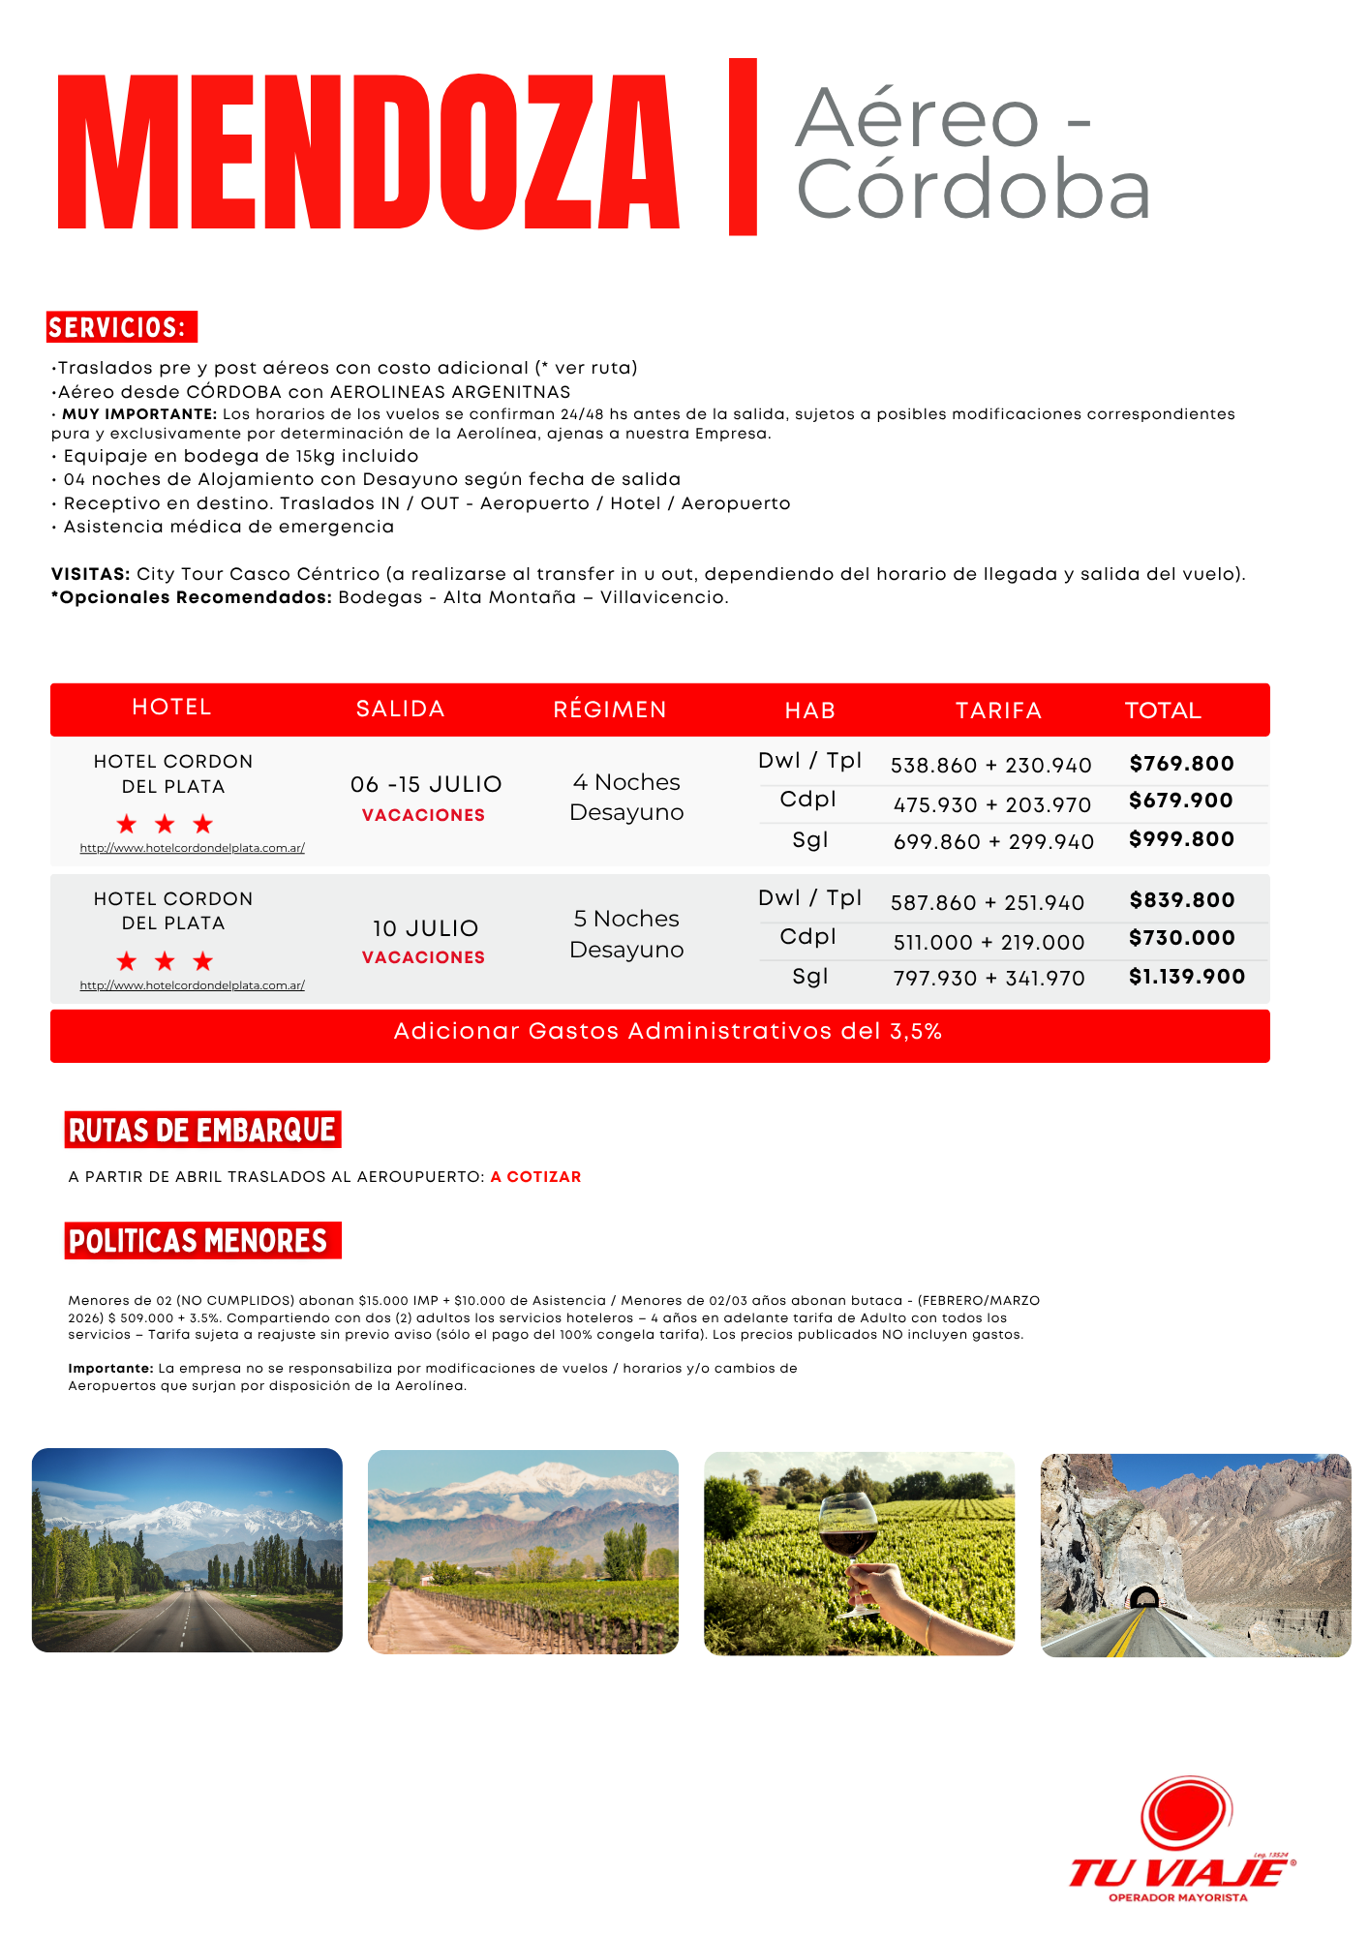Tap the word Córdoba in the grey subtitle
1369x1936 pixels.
pos(972,191)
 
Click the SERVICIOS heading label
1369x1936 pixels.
pos(121,327)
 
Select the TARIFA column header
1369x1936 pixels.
pos(998,711)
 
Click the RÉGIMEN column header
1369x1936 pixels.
pos(610,710)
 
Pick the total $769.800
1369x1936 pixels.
pos(1181,764)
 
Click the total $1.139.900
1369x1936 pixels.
pos(1187,977)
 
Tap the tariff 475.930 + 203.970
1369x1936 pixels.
pos(991,804)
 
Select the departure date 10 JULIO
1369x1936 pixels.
pos(425,928)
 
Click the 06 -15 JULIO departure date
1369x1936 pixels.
pos(426,784)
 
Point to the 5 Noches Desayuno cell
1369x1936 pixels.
pos(626,934)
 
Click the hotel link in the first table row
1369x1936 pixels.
pos(192,848)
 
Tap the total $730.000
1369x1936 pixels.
pos(1181,938)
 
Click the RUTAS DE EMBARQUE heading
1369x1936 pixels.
pos(202,1130)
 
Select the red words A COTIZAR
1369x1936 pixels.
pos(535,1177)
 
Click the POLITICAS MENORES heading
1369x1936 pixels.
pos(199,1241)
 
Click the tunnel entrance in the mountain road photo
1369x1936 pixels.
pos(1144,1596)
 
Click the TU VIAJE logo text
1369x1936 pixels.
pos(1179,1872)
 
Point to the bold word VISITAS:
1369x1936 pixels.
pos(91,574)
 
